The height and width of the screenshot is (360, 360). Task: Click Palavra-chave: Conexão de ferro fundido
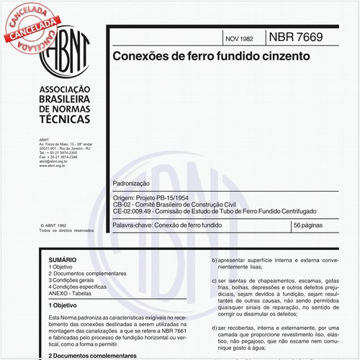tap(167, 225)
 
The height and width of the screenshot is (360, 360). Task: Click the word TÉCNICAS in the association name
tap(63, 117)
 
